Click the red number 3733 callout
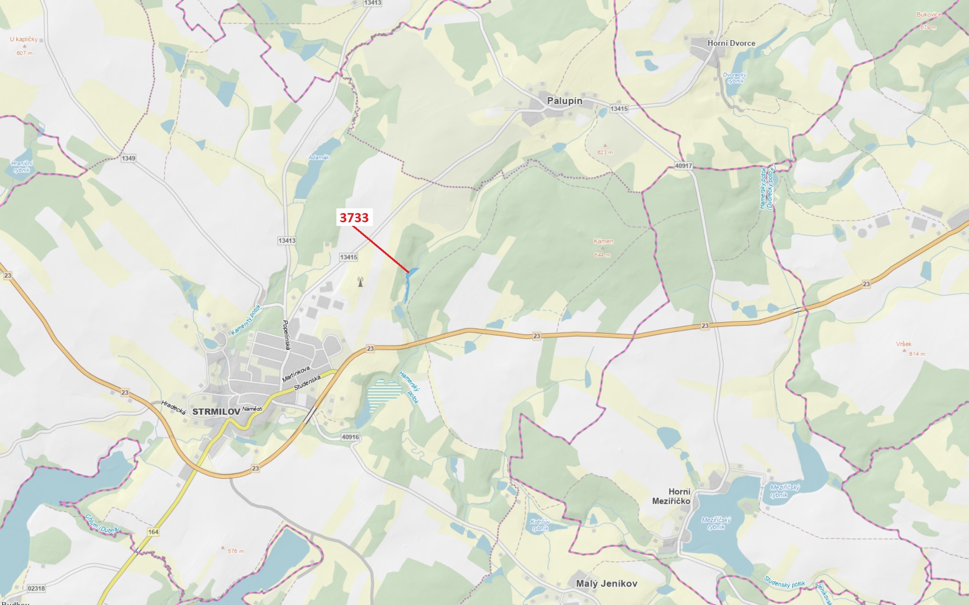click(x=354, y=217)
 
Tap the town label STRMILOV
click(x=216, y=411)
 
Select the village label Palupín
click(x=564, y=101)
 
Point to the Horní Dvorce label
click(x=731, y=43)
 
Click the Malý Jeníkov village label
click(x=606, y=583)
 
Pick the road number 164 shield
click(x=153, y=532)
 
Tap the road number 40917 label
click(x=683, y=166)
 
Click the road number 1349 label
click(x=128, y=158)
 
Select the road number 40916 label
click(x=350, y=437)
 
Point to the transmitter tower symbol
click(x=360, y=282)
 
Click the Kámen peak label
click(x=603, y=241)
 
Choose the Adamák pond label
click(x=318, y=157)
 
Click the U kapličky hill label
click(x=24, y=39)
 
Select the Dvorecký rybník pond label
click(x=735, y=77)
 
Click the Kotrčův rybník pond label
click(x=540, y=525)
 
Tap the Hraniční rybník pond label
click(x=22, y=166)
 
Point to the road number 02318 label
click(x=36, y=588)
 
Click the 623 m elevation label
click(x=605, y=152)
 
